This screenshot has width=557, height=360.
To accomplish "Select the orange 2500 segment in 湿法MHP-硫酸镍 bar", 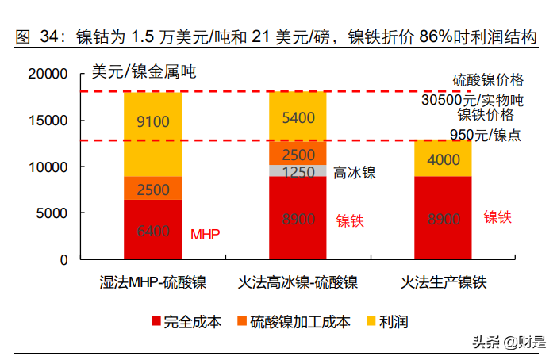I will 153,189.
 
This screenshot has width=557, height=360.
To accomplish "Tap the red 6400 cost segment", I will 153,230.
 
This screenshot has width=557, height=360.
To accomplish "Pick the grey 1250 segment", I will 298,171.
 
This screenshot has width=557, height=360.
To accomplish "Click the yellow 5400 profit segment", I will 298,117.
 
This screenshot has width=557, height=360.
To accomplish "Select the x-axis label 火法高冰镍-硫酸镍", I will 298,282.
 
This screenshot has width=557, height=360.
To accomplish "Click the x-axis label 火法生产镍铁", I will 443,282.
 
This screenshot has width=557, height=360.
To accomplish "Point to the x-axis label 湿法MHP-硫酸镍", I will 153,282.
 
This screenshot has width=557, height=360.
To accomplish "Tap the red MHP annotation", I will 205,234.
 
